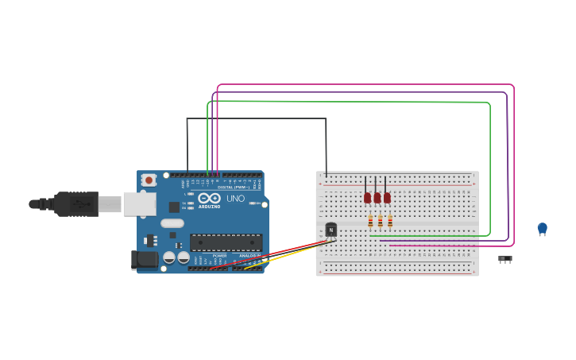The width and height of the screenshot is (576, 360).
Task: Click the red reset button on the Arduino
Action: tap(149, 180)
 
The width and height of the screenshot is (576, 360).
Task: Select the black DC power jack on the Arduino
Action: tap(143, 258)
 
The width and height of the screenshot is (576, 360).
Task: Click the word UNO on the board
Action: tap(236, 199)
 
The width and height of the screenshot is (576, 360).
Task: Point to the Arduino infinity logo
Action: tap(209, 198)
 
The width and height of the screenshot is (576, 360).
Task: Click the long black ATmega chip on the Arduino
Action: tap(226, 242)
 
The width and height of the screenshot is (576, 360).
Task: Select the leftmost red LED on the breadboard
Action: tap(367, 198)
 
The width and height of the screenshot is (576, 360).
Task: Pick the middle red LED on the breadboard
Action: tap(377, 198)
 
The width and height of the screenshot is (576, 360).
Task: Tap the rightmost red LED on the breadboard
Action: tap(387, 198)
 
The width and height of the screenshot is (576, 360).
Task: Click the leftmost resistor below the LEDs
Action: tap(370, 221)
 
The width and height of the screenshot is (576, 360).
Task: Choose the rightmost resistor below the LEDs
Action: tap(390, 221)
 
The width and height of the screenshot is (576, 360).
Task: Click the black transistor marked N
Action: tap(331, 230)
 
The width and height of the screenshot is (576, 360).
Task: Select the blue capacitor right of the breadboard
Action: tap(542, 228)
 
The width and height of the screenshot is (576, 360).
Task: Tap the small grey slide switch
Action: tap(504, 258)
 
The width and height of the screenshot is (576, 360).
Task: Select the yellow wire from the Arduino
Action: tap(286, 256)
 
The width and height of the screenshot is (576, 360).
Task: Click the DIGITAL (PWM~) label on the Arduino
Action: tap(233, 187)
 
